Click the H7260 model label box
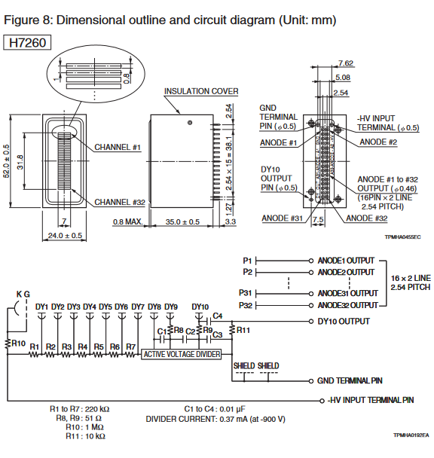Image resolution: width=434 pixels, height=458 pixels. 27,43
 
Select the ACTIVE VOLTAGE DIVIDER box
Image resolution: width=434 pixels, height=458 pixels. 181,354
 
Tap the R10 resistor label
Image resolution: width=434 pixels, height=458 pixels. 19,343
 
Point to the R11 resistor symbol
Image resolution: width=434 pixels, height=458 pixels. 232,329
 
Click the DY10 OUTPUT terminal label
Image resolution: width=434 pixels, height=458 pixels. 344,322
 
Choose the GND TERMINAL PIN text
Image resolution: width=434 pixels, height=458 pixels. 350,380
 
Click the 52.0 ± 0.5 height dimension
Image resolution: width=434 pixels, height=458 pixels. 7,161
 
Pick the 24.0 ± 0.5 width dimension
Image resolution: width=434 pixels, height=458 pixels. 65,236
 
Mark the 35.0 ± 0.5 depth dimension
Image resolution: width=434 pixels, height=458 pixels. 182,222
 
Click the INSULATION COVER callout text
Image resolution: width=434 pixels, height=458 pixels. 201,91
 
